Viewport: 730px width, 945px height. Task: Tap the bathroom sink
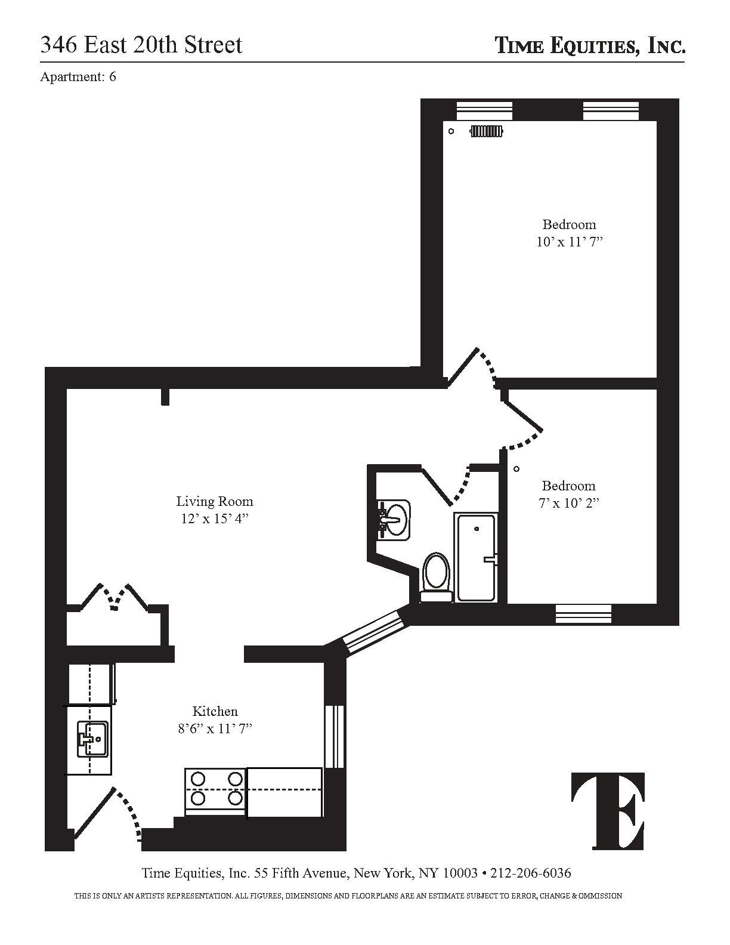coord(394,520)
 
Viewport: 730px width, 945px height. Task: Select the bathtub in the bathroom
coord(476,557)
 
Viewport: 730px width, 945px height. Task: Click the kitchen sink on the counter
coord(92,739)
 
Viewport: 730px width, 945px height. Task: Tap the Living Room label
coord(214,501)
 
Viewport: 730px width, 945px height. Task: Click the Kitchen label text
coord(215,711)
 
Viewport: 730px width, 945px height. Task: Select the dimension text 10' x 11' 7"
coord(568,242)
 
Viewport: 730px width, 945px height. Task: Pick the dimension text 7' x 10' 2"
coord(568,503)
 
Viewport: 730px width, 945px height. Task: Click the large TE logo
coord(608,811)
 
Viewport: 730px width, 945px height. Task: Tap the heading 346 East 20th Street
coord(141,45)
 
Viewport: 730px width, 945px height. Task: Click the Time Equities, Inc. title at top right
coord(590,45)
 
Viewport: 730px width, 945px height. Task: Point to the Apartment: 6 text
coord(78,76)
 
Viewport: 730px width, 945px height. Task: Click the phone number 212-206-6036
coord(530,873)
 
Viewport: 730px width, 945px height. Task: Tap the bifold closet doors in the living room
coord(113,597)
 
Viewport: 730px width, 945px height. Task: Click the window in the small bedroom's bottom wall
coord(583,614)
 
